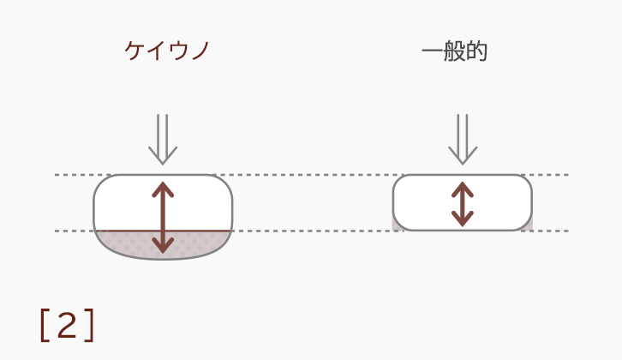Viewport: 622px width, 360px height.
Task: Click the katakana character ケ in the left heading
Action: [134, 51]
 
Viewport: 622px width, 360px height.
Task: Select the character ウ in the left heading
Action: [177, 51]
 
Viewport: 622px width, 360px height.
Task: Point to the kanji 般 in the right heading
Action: [454, 51]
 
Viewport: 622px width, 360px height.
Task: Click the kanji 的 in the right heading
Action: [476, 51]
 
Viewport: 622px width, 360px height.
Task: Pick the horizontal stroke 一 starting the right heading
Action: [433, 51]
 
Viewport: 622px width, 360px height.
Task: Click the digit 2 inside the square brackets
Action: [67, 325]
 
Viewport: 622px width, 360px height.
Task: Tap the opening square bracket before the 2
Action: [45, 325]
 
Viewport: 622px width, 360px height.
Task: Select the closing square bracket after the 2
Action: [90, 325]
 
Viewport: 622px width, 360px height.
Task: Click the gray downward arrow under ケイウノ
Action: [163, 139]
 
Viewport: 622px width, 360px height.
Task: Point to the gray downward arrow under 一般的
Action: [463, 139]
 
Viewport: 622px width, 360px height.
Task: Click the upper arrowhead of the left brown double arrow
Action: [163, 189]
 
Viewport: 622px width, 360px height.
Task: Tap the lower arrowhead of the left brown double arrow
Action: [163, 246]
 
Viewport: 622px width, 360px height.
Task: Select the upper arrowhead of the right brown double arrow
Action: [463, 189]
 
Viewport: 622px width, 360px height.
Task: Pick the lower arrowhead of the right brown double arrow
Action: [463, 219]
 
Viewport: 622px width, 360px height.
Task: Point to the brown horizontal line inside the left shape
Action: [163, 231]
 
